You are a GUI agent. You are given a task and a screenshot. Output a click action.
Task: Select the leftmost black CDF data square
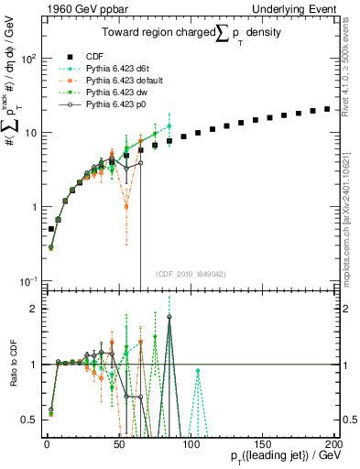(51, 228)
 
